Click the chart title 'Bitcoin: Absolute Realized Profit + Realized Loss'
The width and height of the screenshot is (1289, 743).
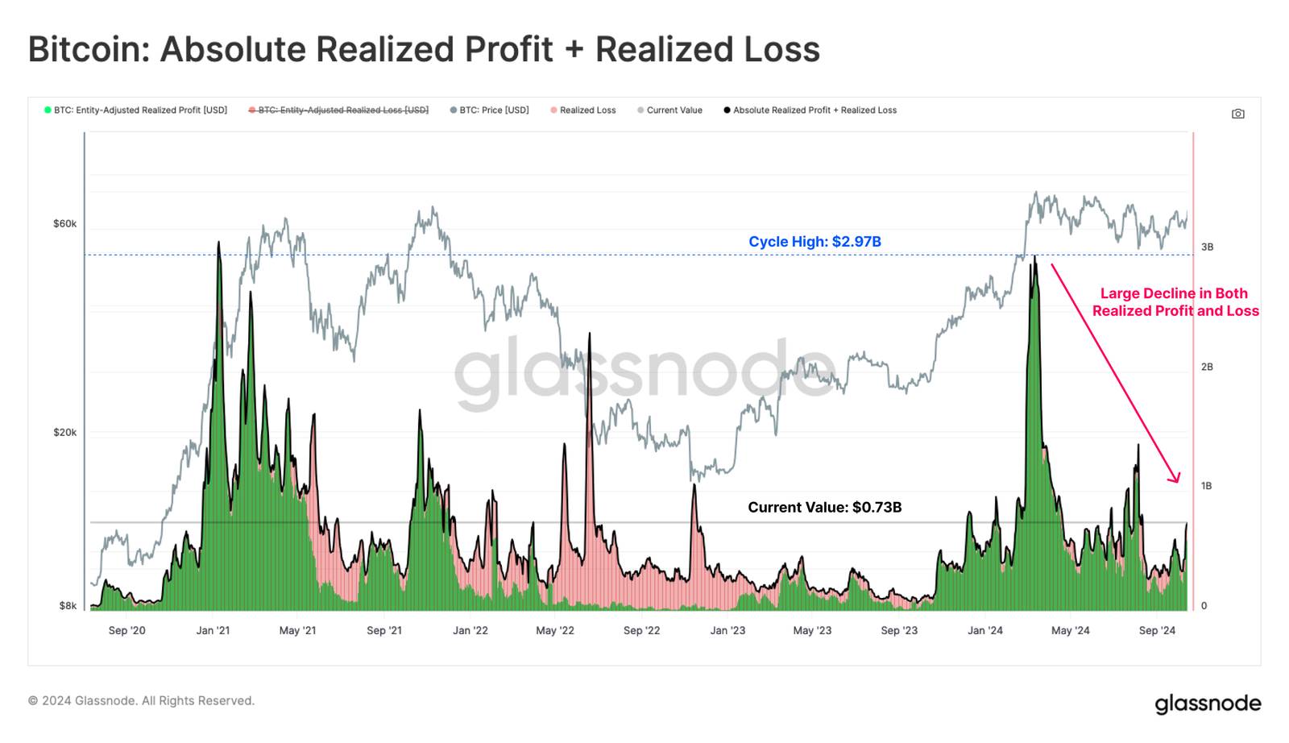(x=424, y=49)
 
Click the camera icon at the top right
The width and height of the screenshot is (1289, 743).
(x=1237, y=114)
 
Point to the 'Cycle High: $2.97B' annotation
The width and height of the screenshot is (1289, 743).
(x=814, y=242)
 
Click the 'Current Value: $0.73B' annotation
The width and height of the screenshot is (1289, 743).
(x=824, y=507)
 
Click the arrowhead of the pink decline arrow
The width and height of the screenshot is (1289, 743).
(x=1177, y=479)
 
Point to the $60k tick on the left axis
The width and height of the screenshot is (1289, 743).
(x=64, y=224)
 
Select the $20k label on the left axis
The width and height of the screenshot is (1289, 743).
(x=64, y=433)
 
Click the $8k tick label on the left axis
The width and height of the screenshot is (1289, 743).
(x=68, y=606)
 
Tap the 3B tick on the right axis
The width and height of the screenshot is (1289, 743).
(x=1207, y=247)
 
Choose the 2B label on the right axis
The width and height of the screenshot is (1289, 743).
(x=1207, y=367)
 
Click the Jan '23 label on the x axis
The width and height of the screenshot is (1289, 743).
(x=727, y=630)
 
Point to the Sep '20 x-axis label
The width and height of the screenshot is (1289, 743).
(x=126, y=630)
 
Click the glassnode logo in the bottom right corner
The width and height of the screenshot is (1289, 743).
(x=1208, y=704)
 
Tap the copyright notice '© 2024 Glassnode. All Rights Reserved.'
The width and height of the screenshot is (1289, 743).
(x=141, y=701)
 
